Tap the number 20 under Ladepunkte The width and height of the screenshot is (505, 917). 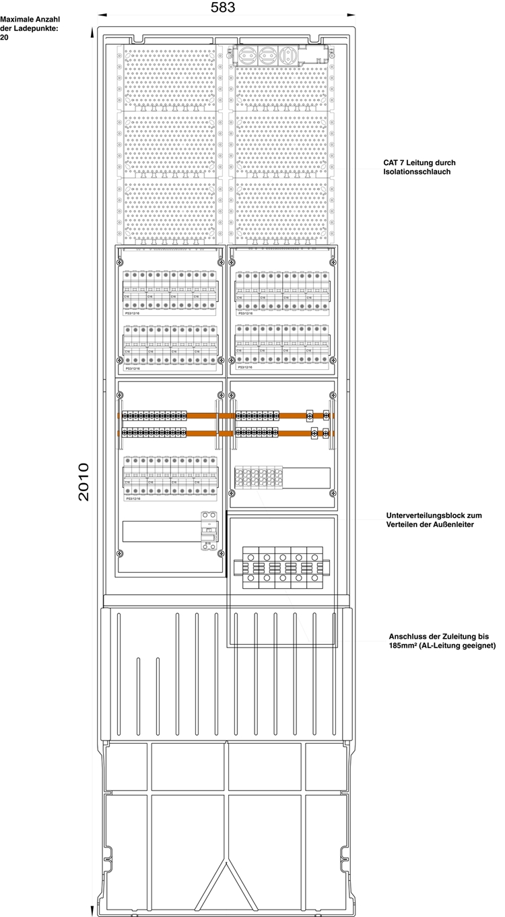(5, 37)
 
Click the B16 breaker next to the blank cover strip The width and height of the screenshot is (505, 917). (209, 530)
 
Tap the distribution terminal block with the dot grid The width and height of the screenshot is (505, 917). (259, 478)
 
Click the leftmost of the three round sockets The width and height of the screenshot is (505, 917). (248, 54)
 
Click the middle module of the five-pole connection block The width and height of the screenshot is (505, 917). (283, 568)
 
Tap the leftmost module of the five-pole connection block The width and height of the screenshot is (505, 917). (250, 568)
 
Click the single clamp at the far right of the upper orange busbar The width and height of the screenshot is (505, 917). (327, 416)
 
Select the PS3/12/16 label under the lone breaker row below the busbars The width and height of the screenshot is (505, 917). (133, 499)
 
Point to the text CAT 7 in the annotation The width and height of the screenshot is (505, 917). (396, 163)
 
